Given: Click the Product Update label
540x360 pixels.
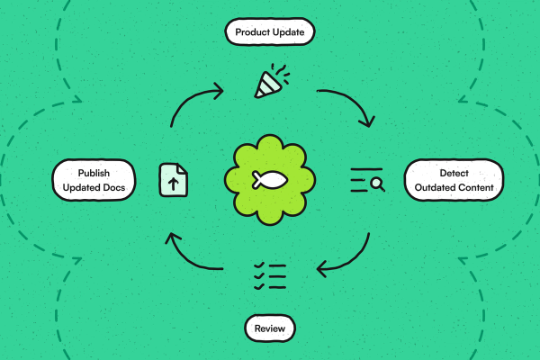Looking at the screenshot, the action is pyautogui.click(x=270, y=31).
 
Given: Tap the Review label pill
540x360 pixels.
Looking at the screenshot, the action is pyautogui.click(x=270, y=328).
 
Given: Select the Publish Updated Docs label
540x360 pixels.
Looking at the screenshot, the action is pyautogui.click(x=94, y=180).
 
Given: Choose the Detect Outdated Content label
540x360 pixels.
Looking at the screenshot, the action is pyautogui.click(x=454, y=180).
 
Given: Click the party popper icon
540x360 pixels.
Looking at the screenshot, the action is pyautogui.click(x=272, y=81).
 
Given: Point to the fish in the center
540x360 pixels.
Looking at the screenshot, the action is pyautogui.click(x=270, y=180).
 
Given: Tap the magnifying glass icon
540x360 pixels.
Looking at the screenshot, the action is pyautogui.click(x=377, y=184).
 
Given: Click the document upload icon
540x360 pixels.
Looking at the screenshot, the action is pyautogui.click(x=173, y=180).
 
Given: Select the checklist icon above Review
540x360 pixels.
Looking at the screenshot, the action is pyautogui.click(x=270, y=276).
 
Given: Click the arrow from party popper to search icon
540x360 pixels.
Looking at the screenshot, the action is pyautogui.click(x=352, y=99).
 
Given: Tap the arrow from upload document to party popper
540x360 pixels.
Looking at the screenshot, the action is pyautogui.click(x=189, y=99).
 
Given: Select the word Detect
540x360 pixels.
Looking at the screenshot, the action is pyautogui.click(x=454, y=173).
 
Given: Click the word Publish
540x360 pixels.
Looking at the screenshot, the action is pyautogui.click(x=94, y=173).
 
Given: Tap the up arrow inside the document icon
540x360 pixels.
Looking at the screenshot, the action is pyautogui.click(x=173, y=184).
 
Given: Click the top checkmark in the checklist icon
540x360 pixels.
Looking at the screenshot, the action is pyautogui.click(x=259, y=265).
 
